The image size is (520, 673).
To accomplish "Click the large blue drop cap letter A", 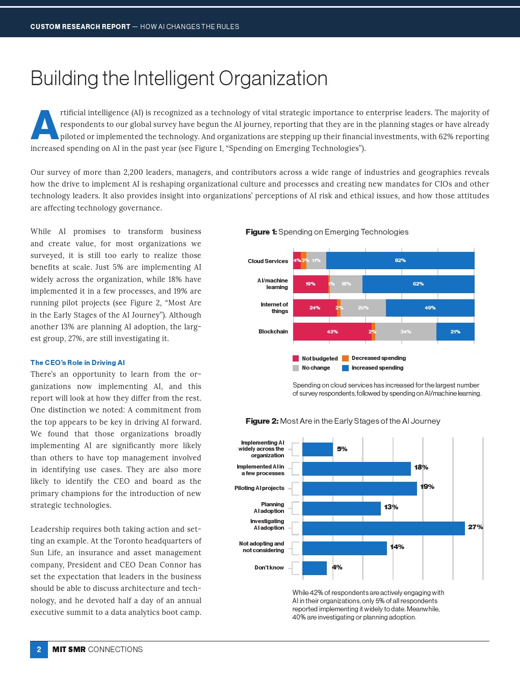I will [44, 125].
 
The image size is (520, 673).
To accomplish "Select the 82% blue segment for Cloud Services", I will [400, 261].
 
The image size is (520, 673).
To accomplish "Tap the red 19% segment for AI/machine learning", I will [310, 284].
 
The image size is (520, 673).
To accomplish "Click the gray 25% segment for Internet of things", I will [363, 308].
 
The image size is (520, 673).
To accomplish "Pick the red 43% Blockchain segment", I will [332, 331].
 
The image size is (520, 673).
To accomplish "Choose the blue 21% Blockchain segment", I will [455, 331].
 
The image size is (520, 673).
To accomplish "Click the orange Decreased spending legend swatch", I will [345, 358].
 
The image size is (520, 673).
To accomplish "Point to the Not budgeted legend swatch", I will [296, 358].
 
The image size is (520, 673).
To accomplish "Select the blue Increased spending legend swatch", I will [345, 368].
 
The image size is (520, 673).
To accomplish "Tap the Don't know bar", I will [315, 568].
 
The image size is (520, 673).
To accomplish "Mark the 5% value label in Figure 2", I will [342, 449].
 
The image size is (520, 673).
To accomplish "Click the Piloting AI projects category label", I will [259, 488].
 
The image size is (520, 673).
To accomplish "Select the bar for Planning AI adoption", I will [341, 508].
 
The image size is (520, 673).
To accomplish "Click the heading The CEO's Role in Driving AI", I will [77, 363].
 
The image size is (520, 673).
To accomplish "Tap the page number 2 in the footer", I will [39, 650].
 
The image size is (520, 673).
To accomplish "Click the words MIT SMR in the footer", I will [69, 650].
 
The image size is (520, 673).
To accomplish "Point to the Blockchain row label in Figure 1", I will [273, 331].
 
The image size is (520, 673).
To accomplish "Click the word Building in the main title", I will [64, 79].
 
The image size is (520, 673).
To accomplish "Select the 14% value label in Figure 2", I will [397, 547].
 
